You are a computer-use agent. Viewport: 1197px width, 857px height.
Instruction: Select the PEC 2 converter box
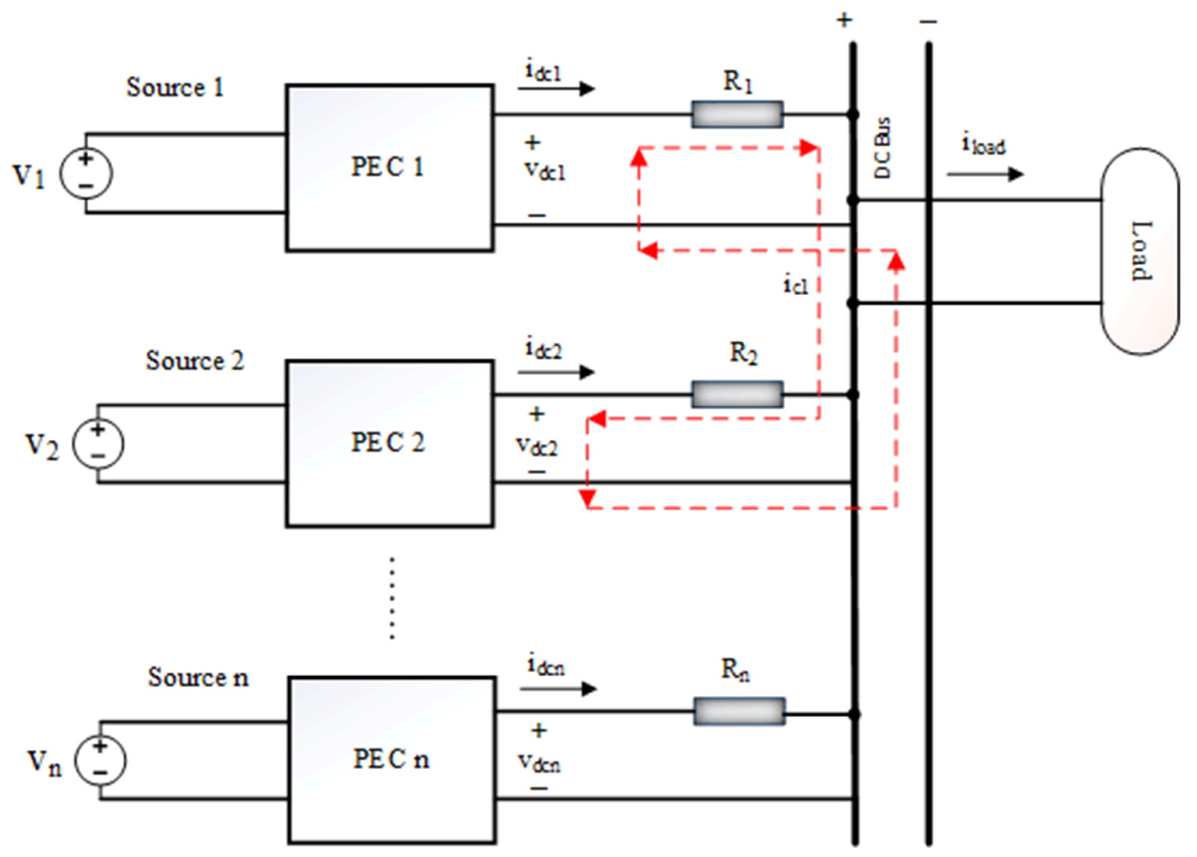tap(389, 443)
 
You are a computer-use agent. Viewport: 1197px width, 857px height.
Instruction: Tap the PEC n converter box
tap(391, 760)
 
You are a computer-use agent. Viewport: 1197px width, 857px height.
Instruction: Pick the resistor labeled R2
tap(737, 394)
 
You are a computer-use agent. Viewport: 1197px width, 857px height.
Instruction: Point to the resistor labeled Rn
tap(739, 711)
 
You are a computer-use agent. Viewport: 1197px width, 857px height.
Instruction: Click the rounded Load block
tap(1140, 251)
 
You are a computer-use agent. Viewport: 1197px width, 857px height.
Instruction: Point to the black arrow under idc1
tap(556, 89)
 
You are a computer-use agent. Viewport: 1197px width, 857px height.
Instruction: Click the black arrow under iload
tap(984, 174)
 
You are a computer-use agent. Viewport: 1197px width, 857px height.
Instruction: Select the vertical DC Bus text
tap(882, 148)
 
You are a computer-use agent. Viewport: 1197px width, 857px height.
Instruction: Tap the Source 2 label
tap(194, 361)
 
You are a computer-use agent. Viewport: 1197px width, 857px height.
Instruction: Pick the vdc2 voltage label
tap(536, 446)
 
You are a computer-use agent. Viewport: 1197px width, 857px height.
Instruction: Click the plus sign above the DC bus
tap(844, 20)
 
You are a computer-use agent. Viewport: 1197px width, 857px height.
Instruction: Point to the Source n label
tap(198, 677)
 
